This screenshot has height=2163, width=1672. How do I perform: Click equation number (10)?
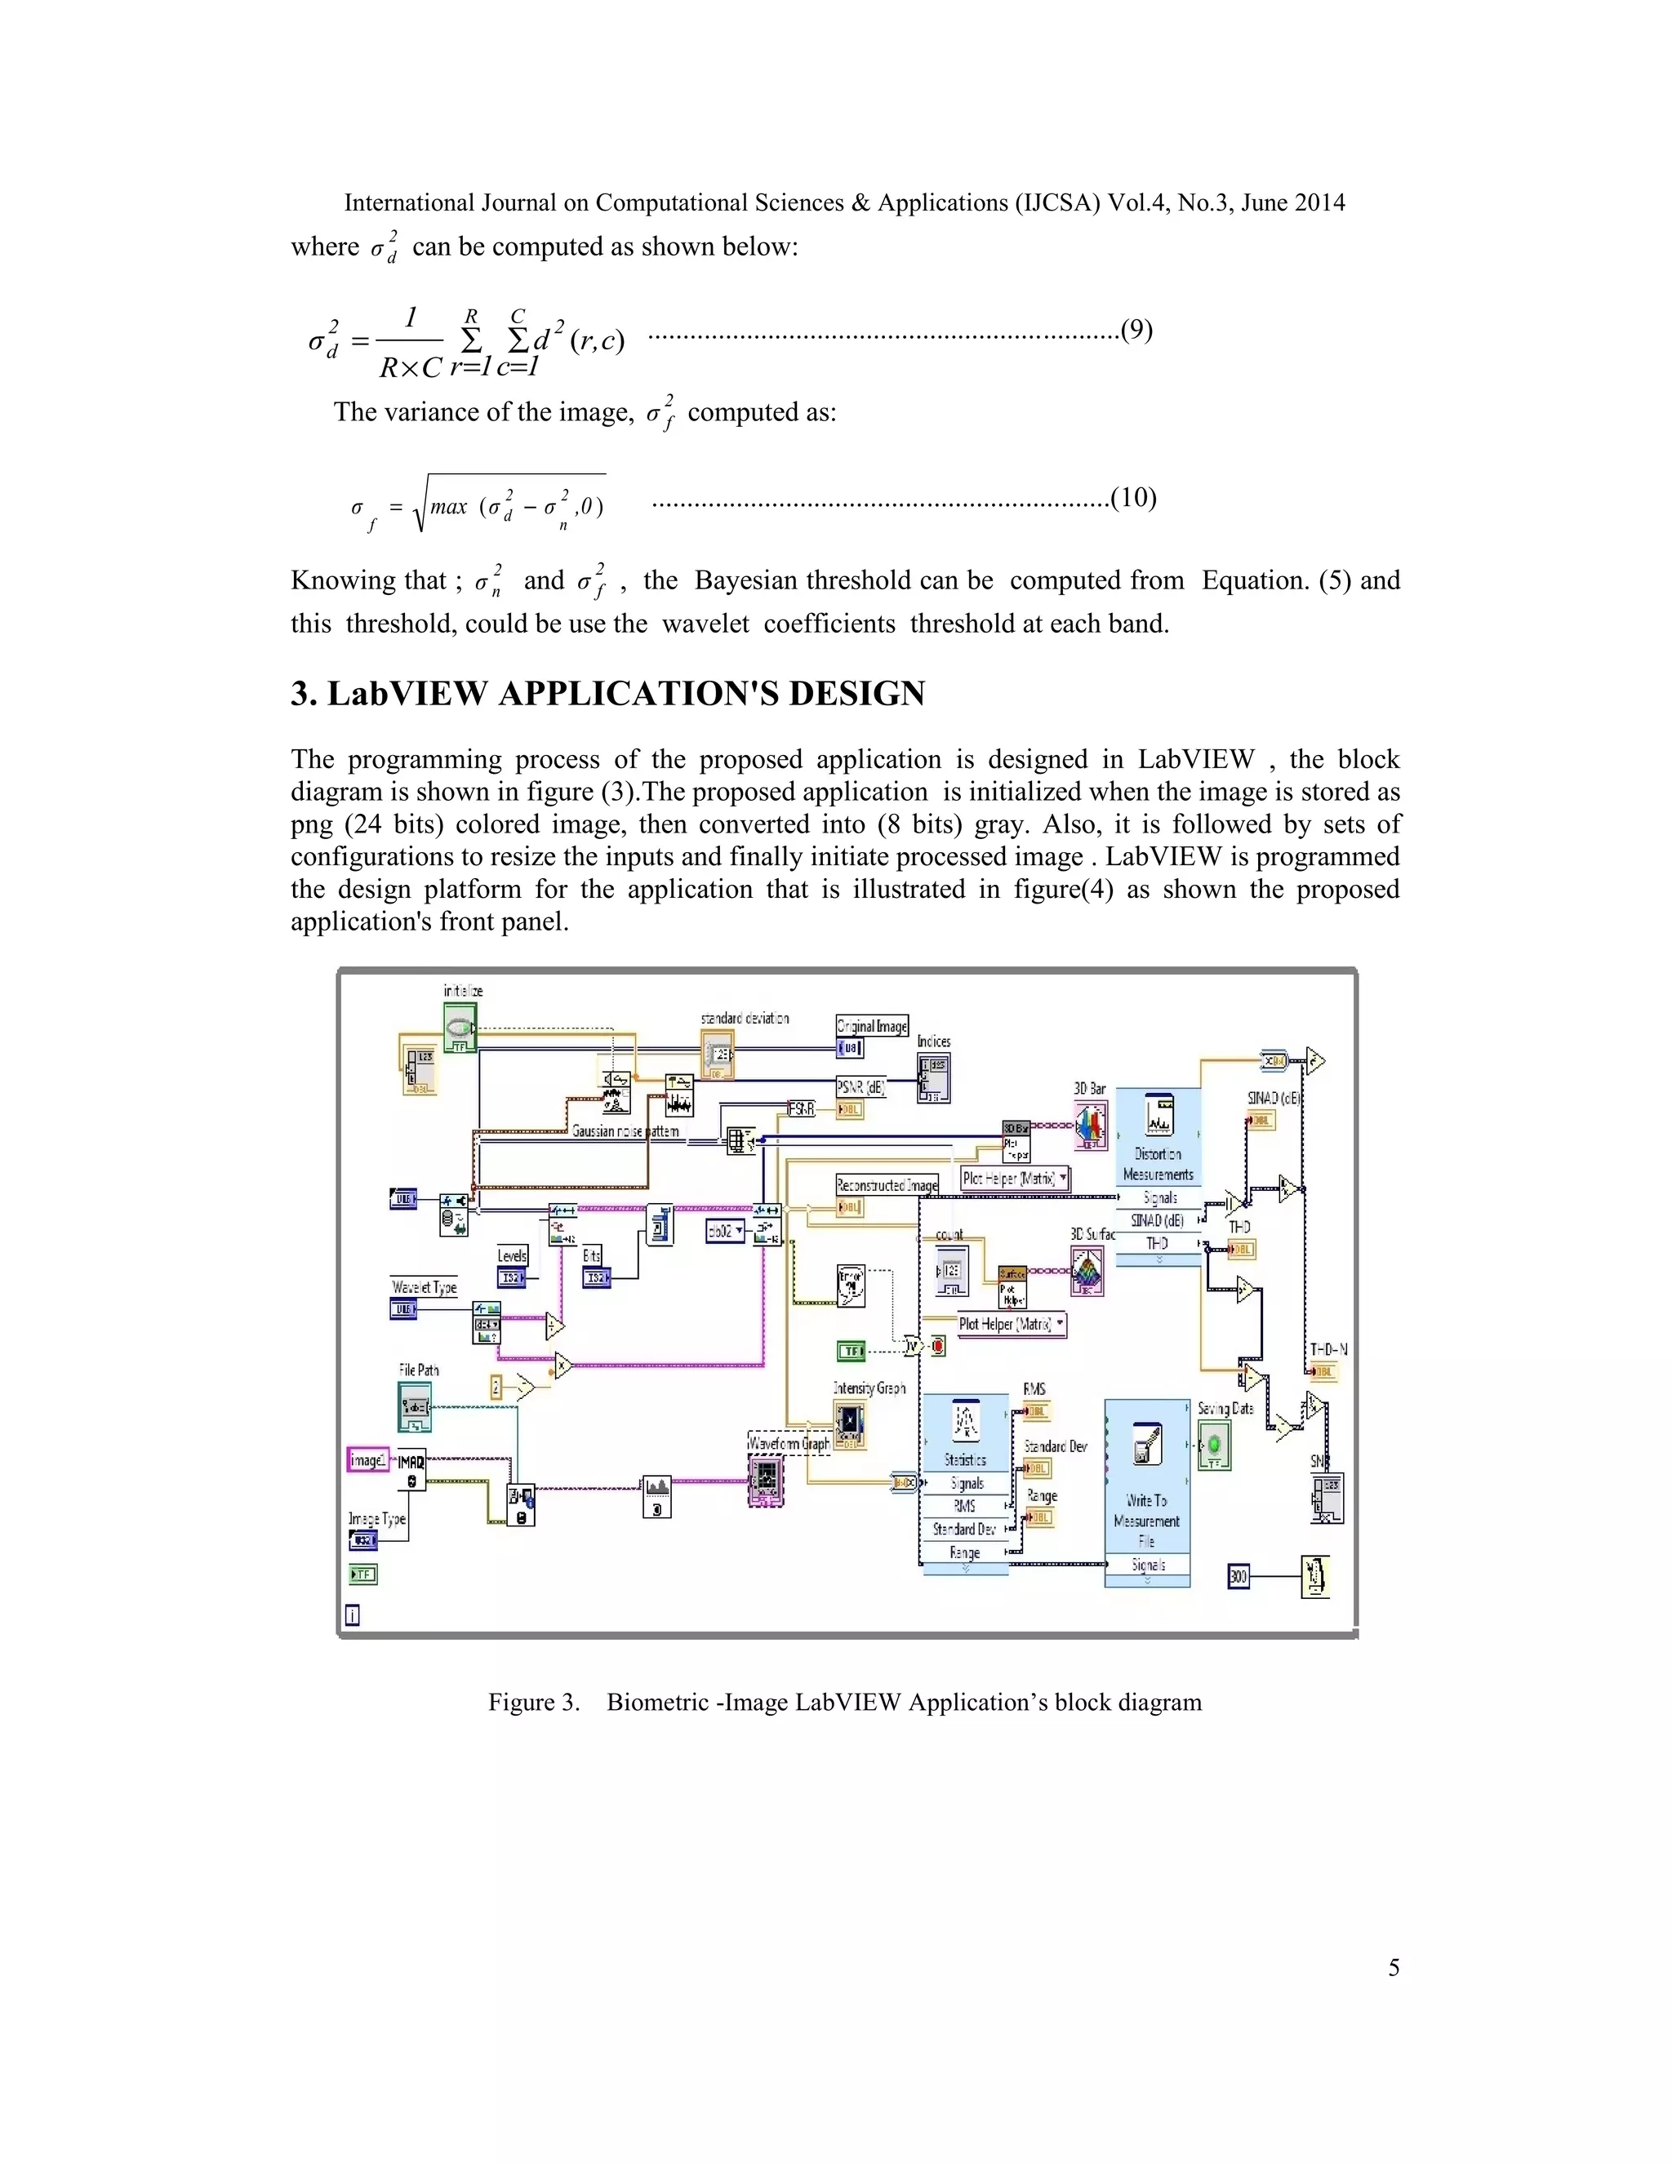[x=1133, y=497]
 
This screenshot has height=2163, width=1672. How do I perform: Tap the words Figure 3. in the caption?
[x=533, y=1703]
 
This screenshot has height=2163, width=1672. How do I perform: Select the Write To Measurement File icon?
[x=1146, y=1443]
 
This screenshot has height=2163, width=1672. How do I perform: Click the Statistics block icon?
[x=965, y=1422]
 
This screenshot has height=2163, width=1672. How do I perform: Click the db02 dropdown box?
[x=725, y=1231]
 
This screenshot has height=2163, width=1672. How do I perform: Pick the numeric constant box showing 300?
[x=1238, y=1575]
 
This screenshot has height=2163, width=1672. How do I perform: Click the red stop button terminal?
[x=938, y=1346]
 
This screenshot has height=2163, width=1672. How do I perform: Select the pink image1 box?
[x=367, y=1460]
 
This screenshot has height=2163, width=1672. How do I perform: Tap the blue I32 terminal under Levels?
[x=512, y=1278]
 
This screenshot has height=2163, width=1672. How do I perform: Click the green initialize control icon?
[x=460, y=1027]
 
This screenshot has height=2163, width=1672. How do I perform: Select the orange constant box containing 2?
[x=497, y=1388]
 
